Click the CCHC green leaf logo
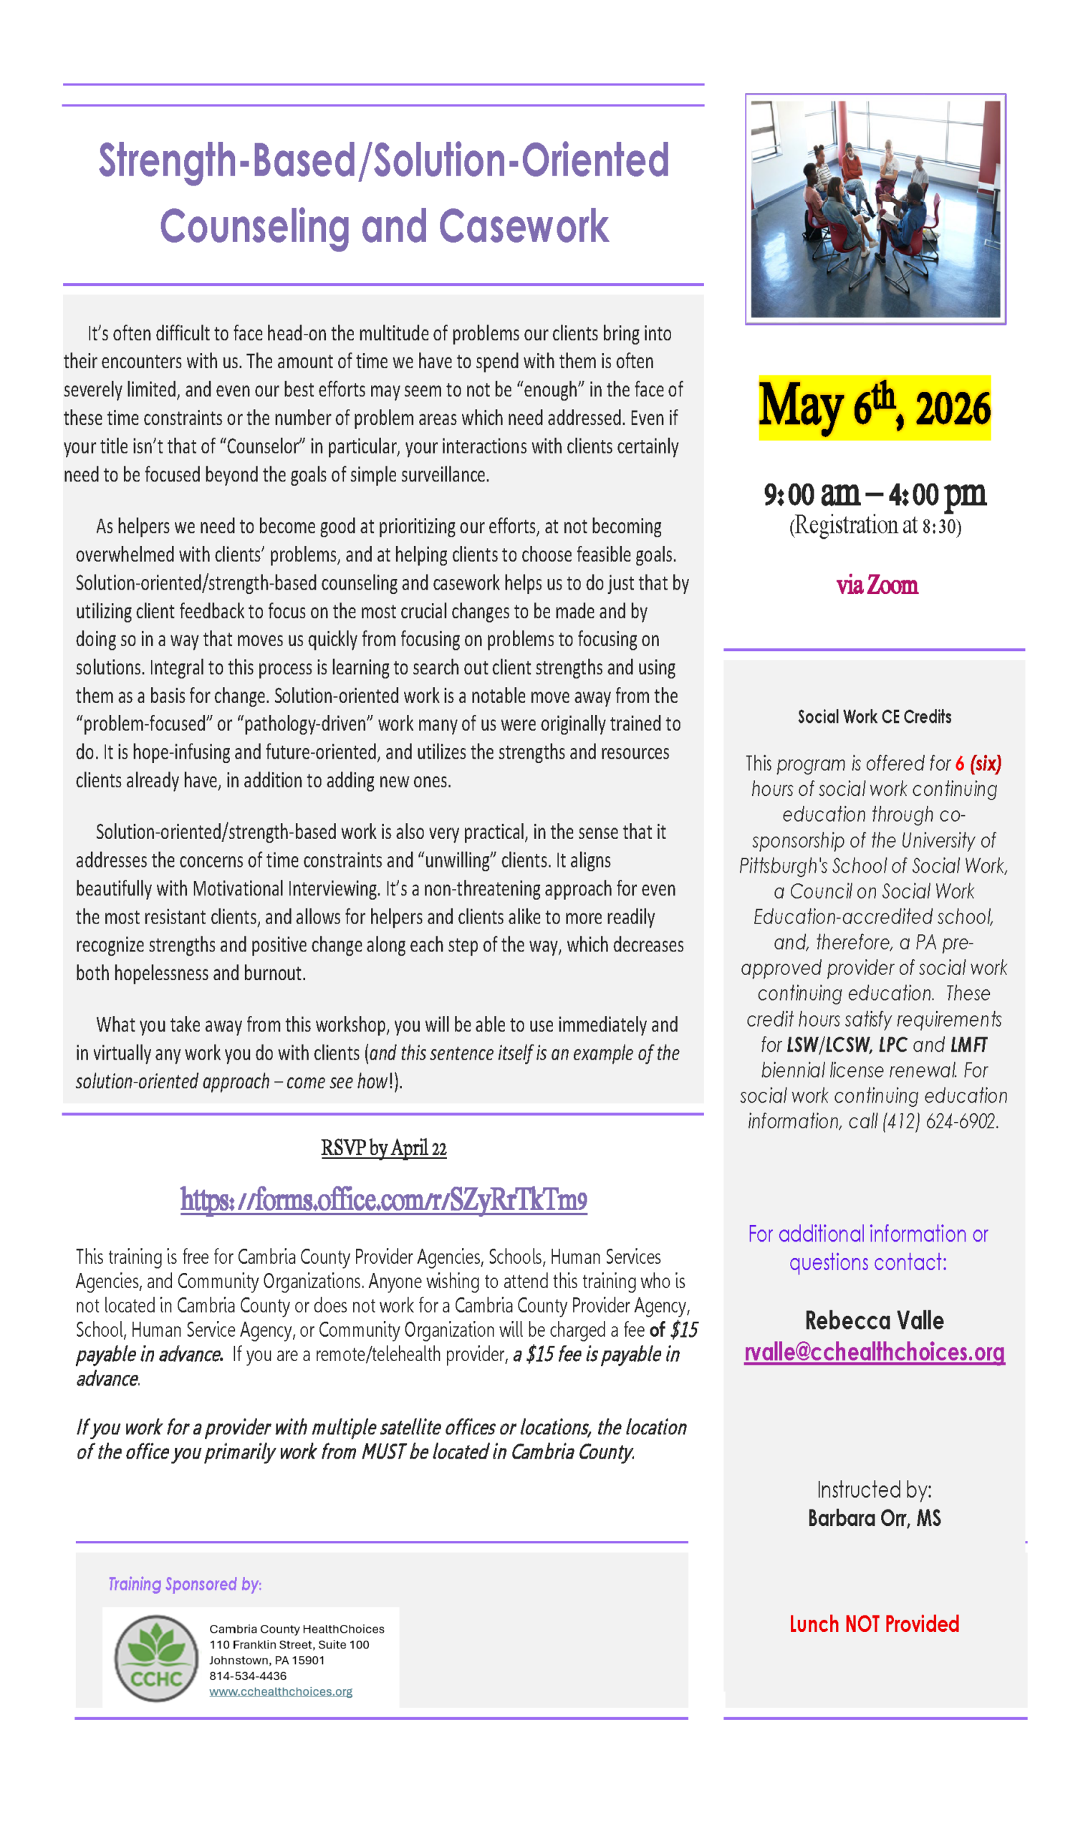pos(156,1658)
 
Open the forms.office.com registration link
pos(384,1199)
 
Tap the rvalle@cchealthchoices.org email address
pos(874,1351)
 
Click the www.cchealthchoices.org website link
pos(280,1691)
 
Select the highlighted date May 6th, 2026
pos(874,407)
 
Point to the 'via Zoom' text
pos(877,585)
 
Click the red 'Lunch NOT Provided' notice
pos(874,1623)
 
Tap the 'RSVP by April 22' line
pos(384,1148)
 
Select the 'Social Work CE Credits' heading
pos(874,717)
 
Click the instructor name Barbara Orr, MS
pos(874,1518)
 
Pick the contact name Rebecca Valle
pos(874,1320)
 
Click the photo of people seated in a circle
pos(875,209)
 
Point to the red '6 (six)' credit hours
pos(978,764)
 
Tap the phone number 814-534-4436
pos(248,1676)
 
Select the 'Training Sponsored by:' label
pos(185,1584)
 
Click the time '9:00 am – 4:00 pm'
pos(874,494)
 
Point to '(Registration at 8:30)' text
pos(875,525)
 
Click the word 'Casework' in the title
pos(523,226)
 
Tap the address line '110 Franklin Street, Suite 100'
pos(289,1644)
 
